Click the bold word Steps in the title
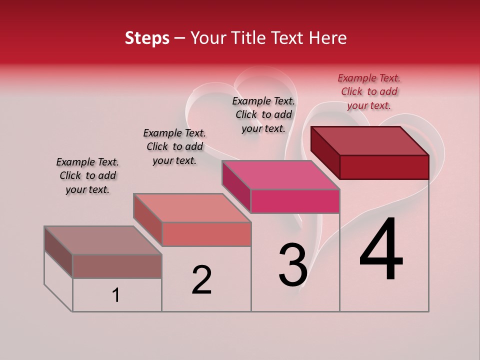(147, 38)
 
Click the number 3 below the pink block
(293, 265)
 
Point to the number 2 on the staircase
(202, 280)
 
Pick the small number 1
(116, 295)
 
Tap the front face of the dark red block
(384, 167)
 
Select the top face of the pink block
(280, 175)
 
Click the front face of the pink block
(295, 201)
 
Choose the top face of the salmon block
(192, 207)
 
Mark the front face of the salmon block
(206, 234)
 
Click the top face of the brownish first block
(103, 240)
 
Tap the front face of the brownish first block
(117, 266)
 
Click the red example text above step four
(369, 91)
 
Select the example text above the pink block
(263, 114)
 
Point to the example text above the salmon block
(174, 146)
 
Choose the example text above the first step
(87, 175)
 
